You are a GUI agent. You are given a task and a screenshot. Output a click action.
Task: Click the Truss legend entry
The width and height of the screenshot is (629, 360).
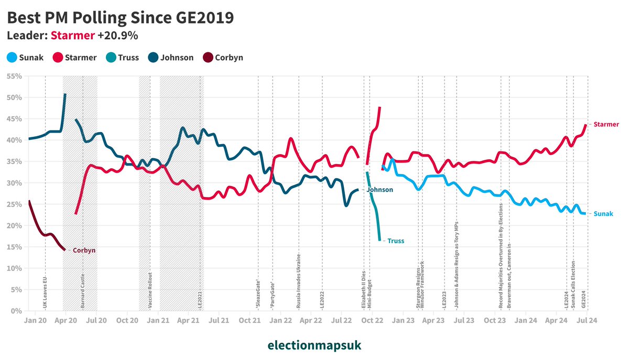122,58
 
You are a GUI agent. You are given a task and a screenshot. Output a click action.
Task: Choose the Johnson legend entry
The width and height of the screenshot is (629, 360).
171,58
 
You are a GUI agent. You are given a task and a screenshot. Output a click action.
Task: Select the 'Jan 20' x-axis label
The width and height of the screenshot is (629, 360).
36,319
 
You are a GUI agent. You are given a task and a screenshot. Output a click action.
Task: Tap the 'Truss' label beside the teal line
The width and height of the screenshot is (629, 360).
396,241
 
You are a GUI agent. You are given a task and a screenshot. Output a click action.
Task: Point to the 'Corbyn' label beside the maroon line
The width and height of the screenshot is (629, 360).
84,250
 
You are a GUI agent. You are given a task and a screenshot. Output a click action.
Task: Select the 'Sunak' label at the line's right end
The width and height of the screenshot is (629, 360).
603,214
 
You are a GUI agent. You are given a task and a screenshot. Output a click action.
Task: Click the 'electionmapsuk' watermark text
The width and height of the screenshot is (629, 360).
314,345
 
